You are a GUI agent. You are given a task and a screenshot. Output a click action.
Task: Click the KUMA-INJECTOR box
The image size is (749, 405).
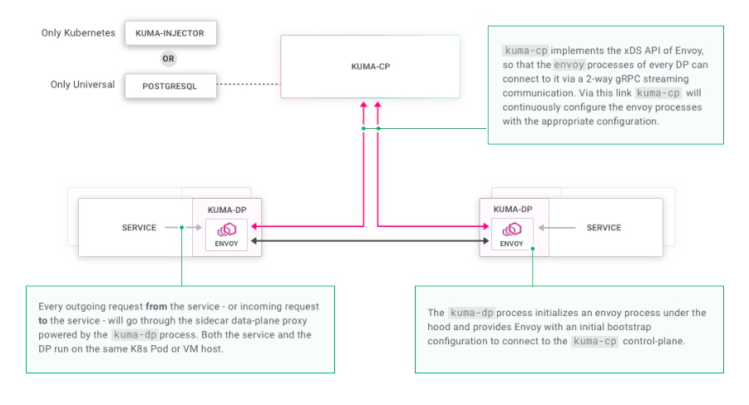coord(170,34)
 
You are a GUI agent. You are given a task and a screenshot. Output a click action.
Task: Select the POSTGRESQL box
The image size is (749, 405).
coord(170,86)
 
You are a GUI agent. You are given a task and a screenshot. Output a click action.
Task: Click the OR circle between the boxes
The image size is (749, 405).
coord(170,60)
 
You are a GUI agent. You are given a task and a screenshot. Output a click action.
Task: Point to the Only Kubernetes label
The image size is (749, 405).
coord(77,33)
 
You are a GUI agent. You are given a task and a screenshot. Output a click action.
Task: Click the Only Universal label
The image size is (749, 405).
coord(82,85)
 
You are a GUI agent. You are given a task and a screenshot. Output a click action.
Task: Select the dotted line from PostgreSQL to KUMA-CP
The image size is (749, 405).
coord(248,85)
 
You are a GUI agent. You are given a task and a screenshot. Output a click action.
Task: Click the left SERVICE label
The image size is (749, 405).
coord(139,227)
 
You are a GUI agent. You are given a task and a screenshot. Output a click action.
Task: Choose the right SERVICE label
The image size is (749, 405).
coord(604,227)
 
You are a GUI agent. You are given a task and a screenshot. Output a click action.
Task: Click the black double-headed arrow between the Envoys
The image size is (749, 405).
coord(369,241)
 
